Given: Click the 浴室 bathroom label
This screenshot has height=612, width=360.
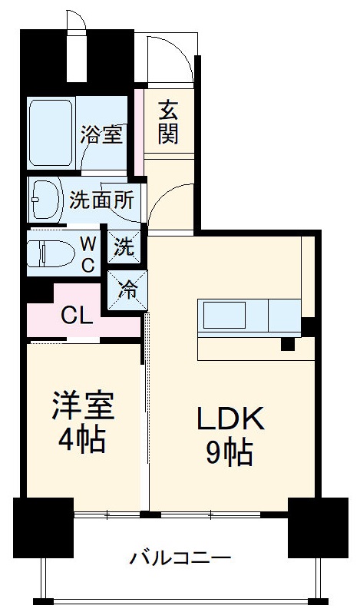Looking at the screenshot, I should point(101,135).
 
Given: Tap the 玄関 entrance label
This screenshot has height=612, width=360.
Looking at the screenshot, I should point(169,122).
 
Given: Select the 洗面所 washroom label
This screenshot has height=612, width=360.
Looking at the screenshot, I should point(101,200).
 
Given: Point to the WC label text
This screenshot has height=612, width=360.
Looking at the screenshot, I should point(89,255).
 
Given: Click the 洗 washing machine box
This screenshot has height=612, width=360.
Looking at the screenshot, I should point(124,247).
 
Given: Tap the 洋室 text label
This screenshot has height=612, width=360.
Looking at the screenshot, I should point(82,407).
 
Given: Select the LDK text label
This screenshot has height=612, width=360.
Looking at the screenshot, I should point(230,419).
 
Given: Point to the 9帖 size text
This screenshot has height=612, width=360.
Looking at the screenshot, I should point(229,454).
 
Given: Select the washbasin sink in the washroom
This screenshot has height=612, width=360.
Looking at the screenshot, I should point(46,200).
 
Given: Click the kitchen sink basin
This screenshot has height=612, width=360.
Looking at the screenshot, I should point(224,315).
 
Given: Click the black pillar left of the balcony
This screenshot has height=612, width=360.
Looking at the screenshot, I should point(43,531).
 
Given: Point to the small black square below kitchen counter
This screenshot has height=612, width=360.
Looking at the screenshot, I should point(288,344).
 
